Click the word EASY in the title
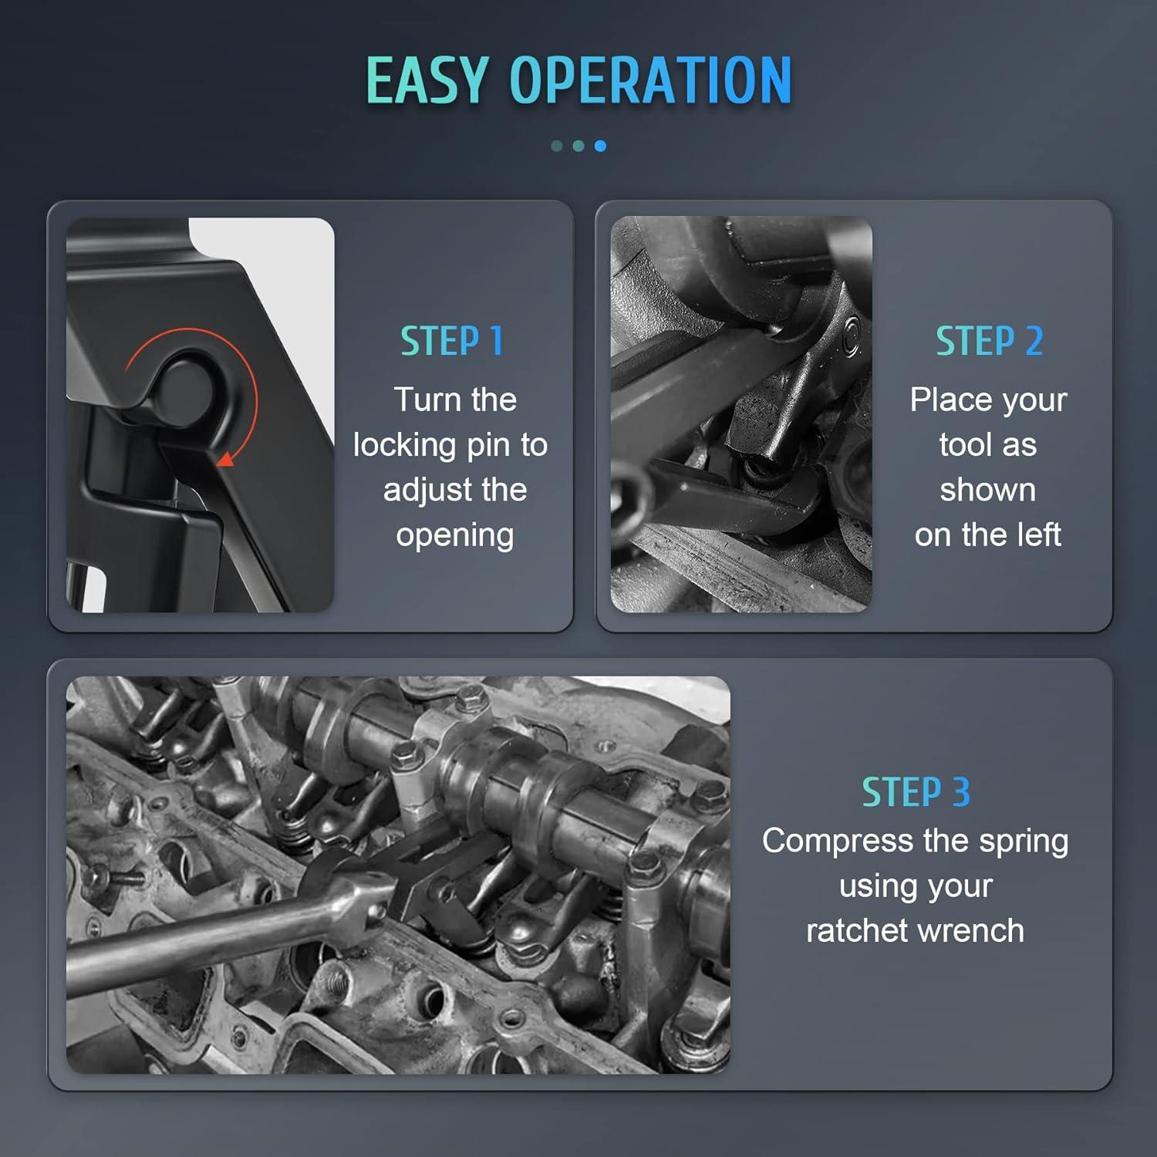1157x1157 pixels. [427, 80]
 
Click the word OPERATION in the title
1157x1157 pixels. [650, 80]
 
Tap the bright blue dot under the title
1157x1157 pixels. [600, 146]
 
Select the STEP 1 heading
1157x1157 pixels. [451, 341]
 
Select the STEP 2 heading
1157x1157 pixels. [989, 341]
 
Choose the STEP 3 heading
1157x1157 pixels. [916, 792]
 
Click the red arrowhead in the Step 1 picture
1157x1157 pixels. [225, 459]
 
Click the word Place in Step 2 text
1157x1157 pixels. [947, 400]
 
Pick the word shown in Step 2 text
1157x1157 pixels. [988, 490]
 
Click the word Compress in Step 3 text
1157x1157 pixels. [838, 842]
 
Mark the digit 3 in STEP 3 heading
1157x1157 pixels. [961, 792]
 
